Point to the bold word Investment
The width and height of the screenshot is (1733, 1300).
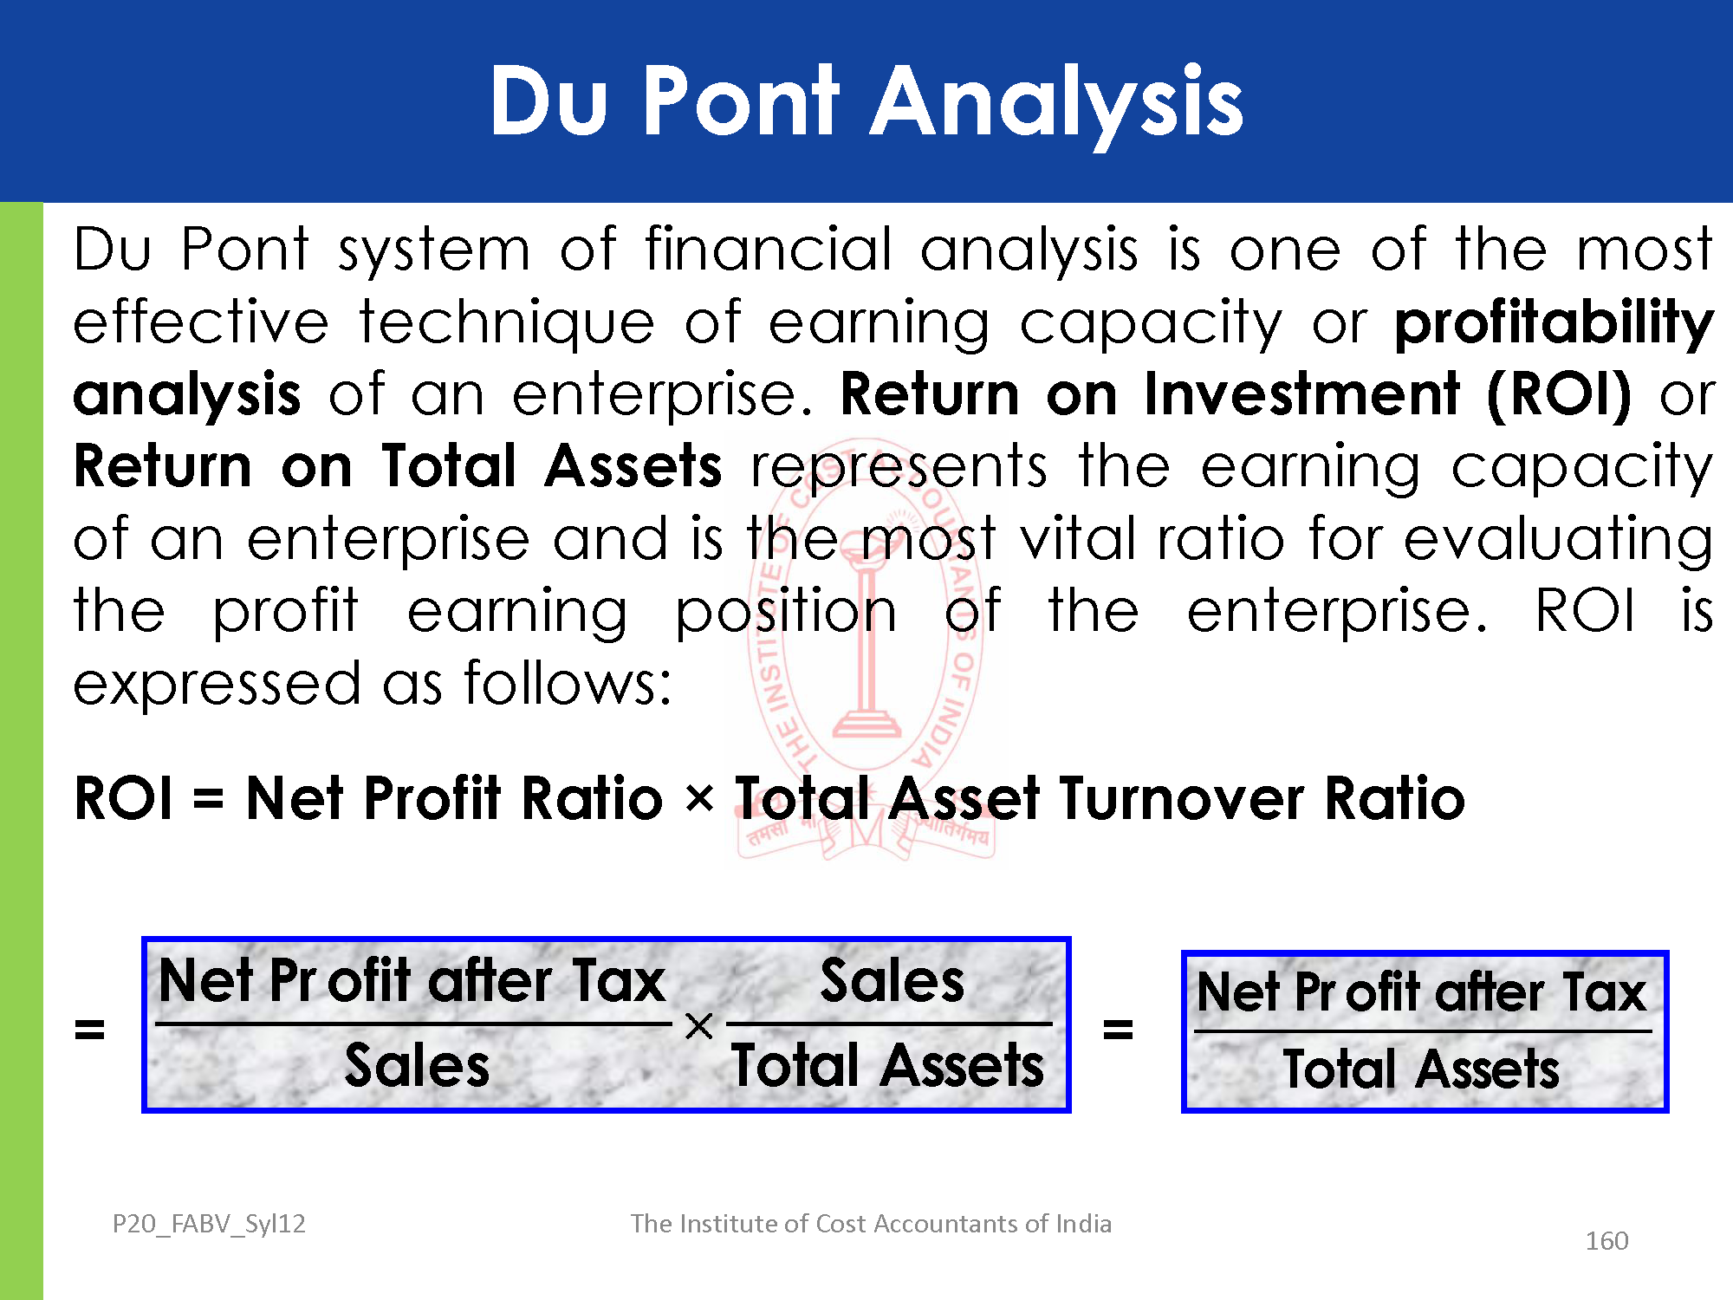coord(1302,393)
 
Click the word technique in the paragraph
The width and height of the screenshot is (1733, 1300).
coord(507,322)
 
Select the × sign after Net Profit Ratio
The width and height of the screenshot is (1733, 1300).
coord(699,798)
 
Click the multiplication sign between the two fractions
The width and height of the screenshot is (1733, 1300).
coord(698,1026)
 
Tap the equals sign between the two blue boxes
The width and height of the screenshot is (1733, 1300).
coord(1118,1029)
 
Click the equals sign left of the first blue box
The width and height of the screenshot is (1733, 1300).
coord(89,1029)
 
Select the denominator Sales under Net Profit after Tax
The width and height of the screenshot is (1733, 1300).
coord(417,1065)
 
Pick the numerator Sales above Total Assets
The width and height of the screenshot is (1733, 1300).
coord(892,981)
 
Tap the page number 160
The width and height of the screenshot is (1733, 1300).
coord(1606,1241)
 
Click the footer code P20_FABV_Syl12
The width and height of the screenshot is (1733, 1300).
coord(209,1224)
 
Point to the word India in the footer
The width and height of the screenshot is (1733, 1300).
coord(1083,1223)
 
